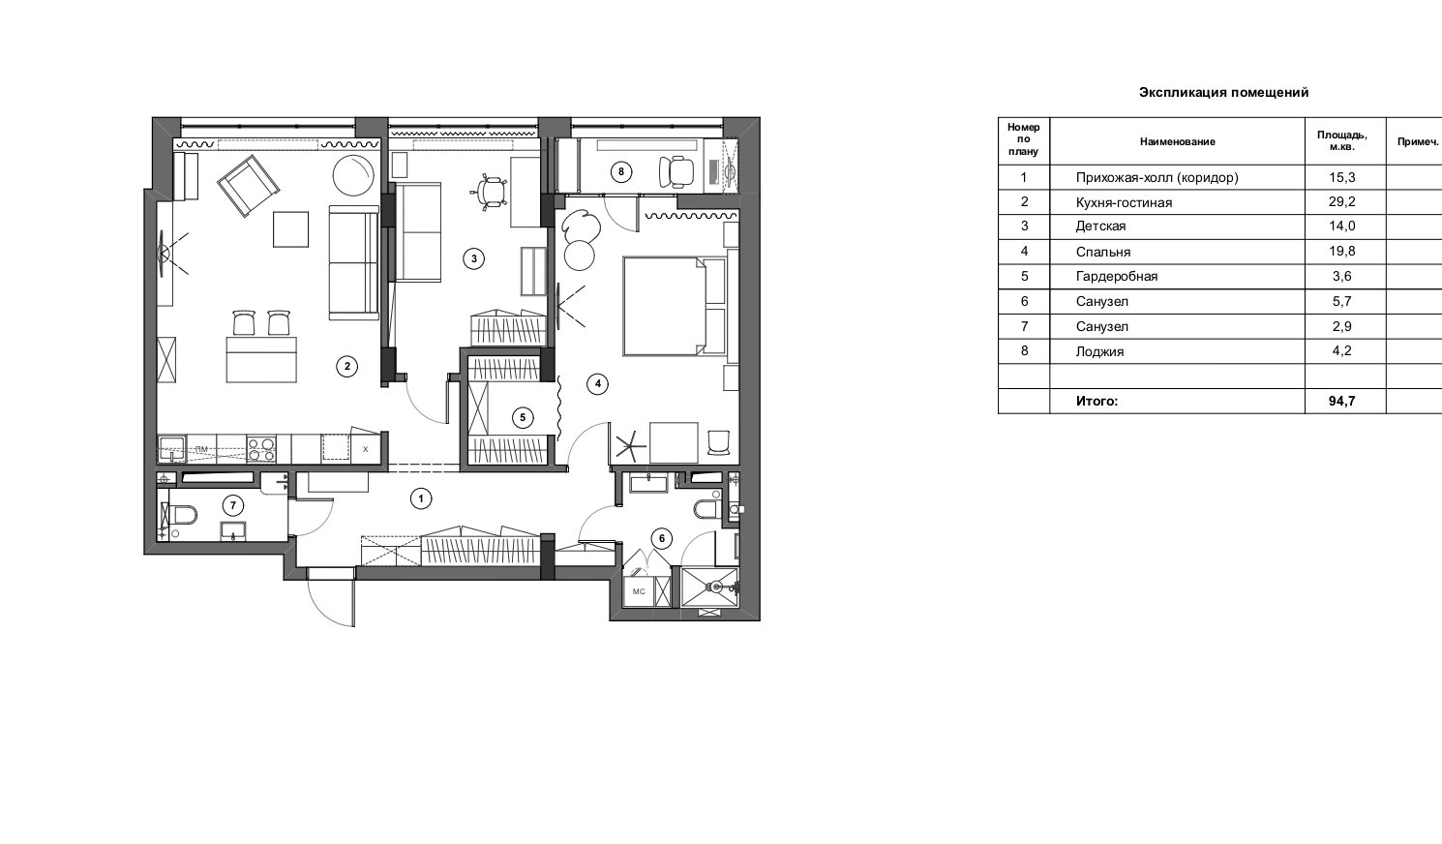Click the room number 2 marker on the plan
(347, 366)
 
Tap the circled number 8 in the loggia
(621, 172)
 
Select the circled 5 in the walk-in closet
(522, 418)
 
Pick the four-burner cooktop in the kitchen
(262, 448)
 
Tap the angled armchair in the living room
(249, 186)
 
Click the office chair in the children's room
(492, 192)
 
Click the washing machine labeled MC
(640, 591)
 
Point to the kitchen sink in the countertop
(171, 449)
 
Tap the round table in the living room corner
(353, 174)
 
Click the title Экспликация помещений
(1224, 93)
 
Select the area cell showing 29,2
(1342, 201)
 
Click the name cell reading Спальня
(1103, 252)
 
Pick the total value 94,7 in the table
(1342, 401)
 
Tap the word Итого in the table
(1097, 401)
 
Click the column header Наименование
(1178, 141)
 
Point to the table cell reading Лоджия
(1099, 351)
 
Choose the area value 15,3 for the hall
(1342, 177)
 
